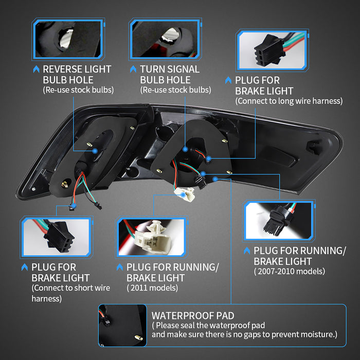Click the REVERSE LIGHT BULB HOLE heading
pos(77,75)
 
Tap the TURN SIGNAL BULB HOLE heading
pos(170,75)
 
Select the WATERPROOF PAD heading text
pos(193,316)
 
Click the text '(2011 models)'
pos(152,288)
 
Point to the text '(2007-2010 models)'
pos(290,272)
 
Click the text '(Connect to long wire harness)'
pos(289,101)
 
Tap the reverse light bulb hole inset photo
pos(68,39)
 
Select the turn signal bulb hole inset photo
pos(165,39)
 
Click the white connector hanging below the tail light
pos(184,194)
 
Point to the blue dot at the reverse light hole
pos(95,151)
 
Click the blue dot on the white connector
pos(183,195)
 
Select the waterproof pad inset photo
pos(122,326)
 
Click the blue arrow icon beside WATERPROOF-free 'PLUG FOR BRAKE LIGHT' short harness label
pos(25,267)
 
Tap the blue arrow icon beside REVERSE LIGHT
pos(37,69)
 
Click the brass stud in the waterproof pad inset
pos(138,337)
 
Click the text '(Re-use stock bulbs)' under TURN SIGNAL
pos(176,90)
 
